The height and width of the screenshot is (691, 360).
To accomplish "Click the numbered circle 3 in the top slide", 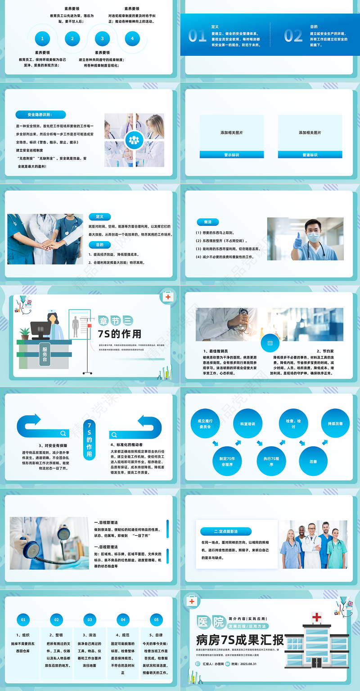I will tap(102, 39).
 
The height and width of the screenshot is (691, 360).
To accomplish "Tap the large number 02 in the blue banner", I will tap(293, 36).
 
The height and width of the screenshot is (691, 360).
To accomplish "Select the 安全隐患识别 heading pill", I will tap(40, 115).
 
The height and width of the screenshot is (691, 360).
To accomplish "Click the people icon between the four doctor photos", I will tap(134, 140).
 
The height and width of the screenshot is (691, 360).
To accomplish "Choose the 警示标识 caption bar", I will tap(232, 155).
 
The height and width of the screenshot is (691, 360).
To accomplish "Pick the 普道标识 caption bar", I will tap(310, 155).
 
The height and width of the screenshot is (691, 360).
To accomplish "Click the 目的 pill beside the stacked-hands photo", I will tap(99, 245).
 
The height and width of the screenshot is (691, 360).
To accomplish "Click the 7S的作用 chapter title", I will tap(119, 333).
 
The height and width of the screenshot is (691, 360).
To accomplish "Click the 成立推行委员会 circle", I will tap(205, 424).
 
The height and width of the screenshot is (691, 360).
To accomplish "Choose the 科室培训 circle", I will tap(248, 424).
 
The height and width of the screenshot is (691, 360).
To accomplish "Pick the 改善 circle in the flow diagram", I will tap(313, 462).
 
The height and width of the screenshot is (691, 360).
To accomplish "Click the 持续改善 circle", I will tap(335, 423).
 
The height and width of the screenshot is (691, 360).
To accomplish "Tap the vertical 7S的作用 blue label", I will tap(89, 439).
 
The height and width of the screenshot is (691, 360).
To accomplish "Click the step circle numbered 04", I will tap(123, 619).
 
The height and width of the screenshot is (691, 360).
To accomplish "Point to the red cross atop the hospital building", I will tap(318, 617).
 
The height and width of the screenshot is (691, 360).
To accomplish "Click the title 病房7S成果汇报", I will tap(240, 640).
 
